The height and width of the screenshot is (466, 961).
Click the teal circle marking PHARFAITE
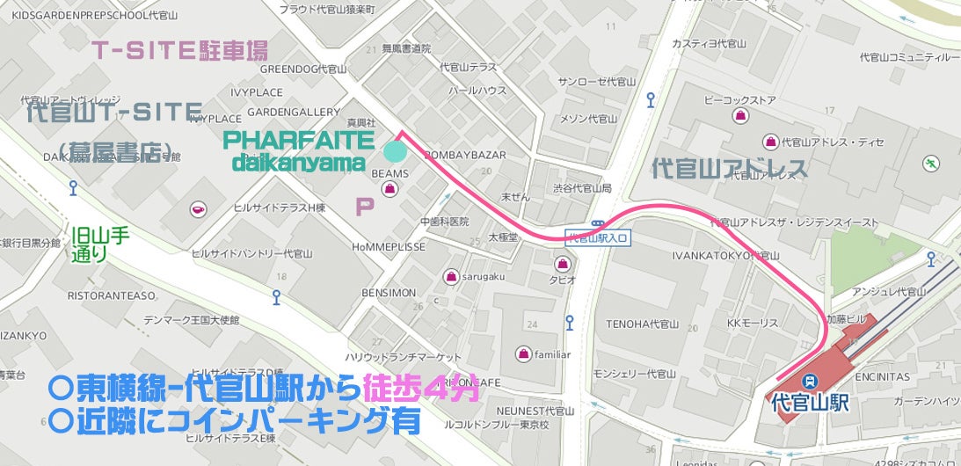pos(396,150)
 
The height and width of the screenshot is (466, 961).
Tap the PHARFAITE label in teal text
pos(299,141)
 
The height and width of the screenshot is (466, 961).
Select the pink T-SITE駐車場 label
pos(180,50)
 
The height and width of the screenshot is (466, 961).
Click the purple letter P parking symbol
pos(363,208)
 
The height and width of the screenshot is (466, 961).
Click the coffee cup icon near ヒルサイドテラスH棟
pos(199,208)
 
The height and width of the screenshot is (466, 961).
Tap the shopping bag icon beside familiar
pos(523,354)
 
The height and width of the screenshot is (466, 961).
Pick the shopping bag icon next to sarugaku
pos(452,276)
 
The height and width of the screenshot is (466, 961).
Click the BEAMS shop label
pos(389,173)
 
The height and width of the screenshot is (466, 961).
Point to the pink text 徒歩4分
pos(420,388)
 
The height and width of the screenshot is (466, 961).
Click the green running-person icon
pos(930,163)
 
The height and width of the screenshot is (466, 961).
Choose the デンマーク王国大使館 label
pos(192,318)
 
